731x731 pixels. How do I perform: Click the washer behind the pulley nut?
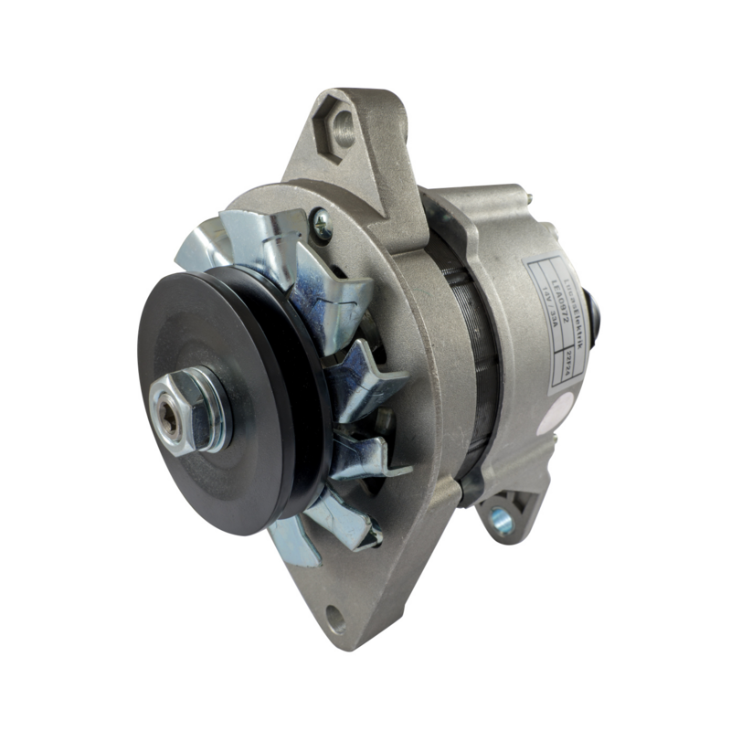(x=212, y=417)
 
